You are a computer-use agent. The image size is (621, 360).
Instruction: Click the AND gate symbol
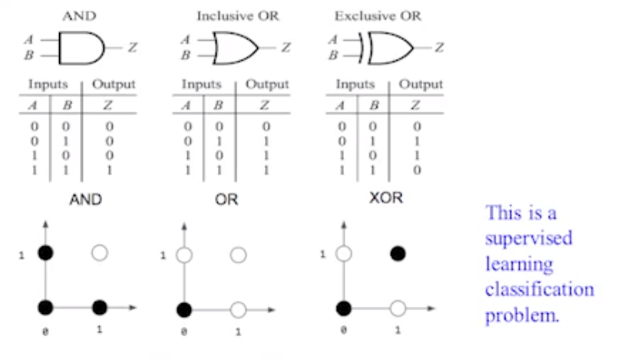[x=81, y=48]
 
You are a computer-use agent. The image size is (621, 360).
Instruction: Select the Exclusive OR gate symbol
[x=388, y=48]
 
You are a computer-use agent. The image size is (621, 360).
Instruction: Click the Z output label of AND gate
[x=132, y=48]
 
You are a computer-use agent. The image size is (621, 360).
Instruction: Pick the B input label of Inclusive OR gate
[x=184, y=55]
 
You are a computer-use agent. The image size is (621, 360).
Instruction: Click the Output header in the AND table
[x=114, y=84]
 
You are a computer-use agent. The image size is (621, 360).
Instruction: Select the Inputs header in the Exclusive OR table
[x=355, y=84]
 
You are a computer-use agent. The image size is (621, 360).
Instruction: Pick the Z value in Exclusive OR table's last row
[x=416, y=169]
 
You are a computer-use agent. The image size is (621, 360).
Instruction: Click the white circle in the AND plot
[x=100, y=253]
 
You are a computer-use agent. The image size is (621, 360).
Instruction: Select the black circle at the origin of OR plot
[x=183, y=309]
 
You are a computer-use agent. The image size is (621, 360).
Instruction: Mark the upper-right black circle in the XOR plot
[x=398, y=253]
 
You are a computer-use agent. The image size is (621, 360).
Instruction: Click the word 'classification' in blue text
[x=539, y=290]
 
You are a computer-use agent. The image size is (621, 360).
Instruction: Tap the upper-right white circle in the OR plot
[x=239, y=254]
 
